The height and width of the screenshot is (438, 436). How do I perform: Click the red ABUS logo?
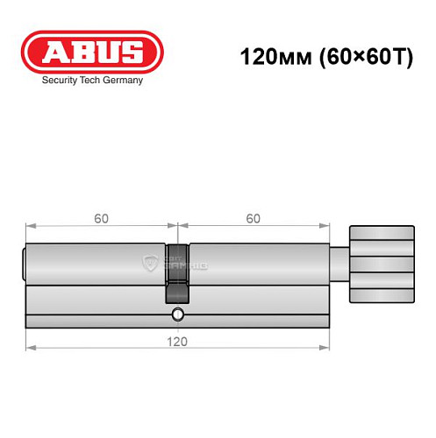click(x=91, y=52)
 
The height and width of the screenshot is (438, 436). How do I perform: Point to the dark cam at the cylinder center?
click(x=176, y=272)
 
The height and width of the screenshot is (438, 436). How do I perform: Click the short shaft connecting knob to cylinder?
click(x=340, y=263)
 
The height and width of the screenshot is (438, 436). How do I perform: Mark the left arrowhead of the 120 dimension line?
click(x=29, y=348)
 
